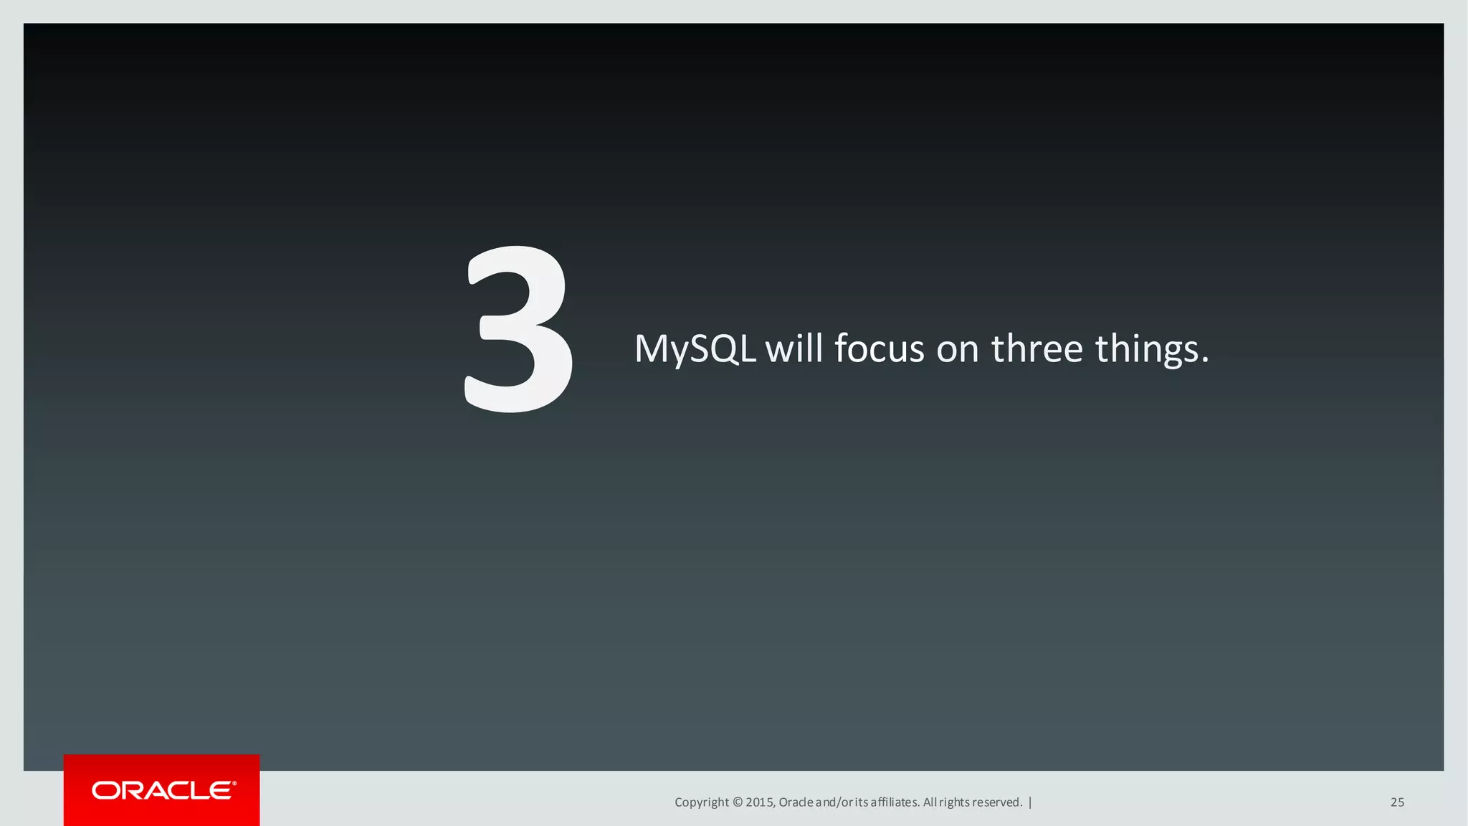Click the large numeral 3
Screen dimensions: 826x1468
click(x=518, y=330)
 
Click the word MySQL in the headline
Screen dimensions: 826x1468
click(x=695, y=349)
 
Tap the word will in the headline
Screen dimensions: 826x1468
click(x=793, y=348)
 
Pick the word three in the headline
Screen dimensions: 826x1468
click(x=1036, y=348)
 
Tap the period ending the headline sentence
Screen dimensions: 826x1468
click(x=1205, y=361)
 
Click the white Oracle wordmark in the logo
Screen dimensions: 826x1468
click(x=163, y=790)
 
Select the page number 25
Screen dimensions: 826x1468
click(x=1397, y=802)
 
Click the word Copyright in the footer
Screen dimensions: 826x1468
click(x=701, y=802)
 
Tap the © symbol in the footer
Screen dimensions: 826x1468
click(x=738, y=802)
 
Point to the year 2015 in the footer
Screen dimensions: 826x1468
click(x=759, y=802)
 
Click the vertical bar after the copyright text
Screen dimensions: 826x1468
click(x=1030, y=802)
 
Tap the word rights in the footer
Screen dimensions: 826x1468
click(x=954, y=802)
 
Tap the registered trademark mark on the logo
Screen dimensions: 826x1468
click(x=234, y=784)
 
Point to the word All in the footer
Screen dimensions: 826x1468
click(x=930, y=802)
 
